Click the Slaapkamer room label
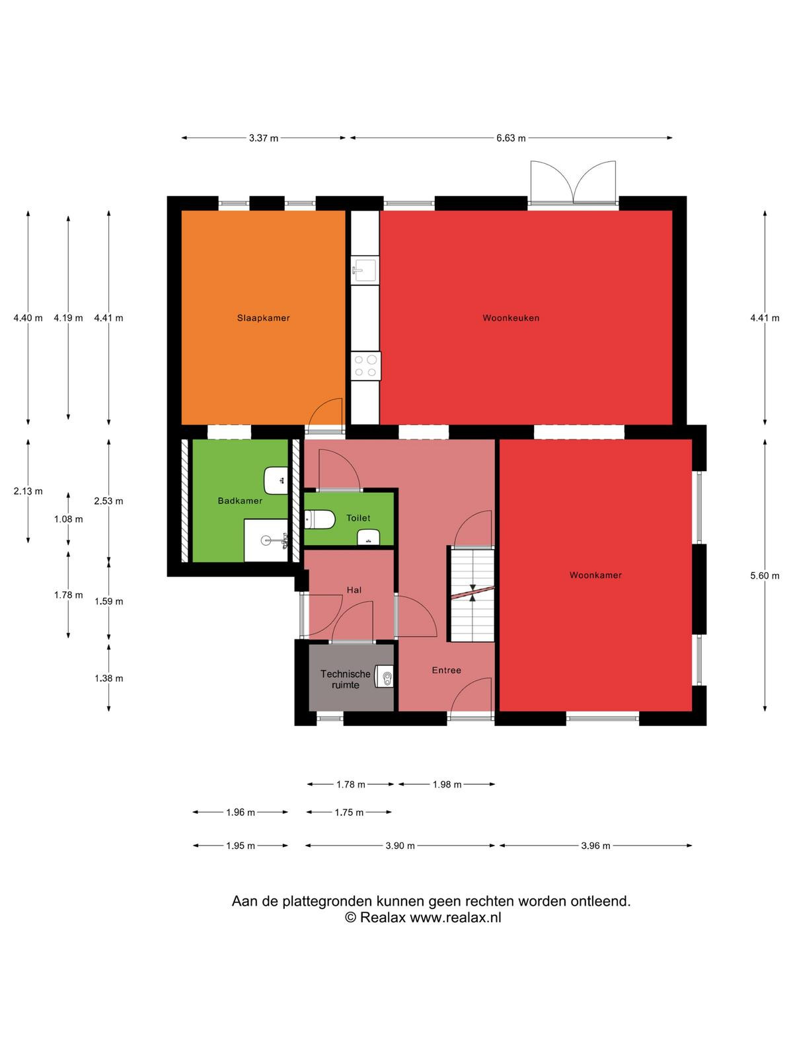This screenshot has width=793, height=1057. pos(264,318)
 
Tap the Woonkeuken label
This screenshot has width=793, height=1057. pos(511,318)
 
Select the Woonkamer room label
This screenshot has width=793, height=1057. pos(595,575)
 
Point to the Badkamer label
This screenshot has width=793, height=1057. pos(240,501)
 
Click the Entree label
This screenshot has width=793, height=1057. pos(446,671)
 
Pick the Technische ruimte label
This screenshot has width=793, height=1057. pos(345,680)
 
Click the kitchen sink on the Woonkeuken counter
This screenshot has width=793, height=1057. pos(365,270)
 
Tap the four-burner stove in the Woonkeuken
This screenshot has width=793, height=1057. pos(365,366)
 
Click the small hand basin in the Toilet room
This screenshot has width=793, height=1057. pos(368,537)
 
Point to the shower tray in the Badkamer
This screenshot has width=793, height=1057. pos(266,540)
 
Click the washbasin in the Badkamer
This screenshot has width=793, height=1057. pos(276,480)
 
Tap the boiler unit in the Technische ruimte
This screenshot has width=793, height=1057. pos(384,678)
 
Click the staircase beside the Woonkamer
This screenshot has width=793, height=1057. pos(472,594)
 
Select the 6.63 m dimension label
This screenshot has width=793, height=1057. pos(511,138)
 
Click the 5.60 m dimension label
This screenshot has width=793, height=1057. pos(765,575)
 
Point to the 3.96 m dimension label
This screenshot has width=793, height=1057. pos(595,846)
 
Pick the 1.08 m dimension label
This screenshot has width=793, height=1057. pos(68,519)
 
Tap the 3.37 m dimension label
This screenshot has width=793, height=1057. pos(264,138)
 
